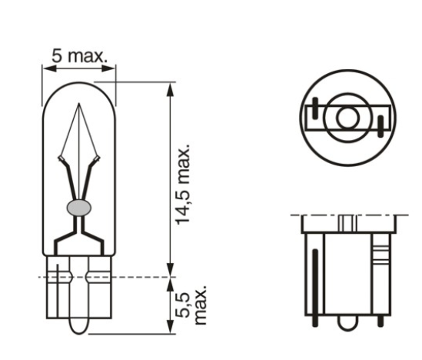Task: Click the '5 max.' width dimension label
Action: [x=80, y=55]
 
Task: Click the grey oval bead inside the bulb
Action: [x=79, y=207]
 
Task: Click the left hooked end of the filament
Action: [x=61, y=158]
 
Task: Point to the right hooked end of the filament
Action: [x=96, y=158]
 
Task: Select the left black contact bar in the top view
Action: [x=314, y=108]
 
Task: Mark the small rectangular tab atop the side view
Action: [x=347, y=223]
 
